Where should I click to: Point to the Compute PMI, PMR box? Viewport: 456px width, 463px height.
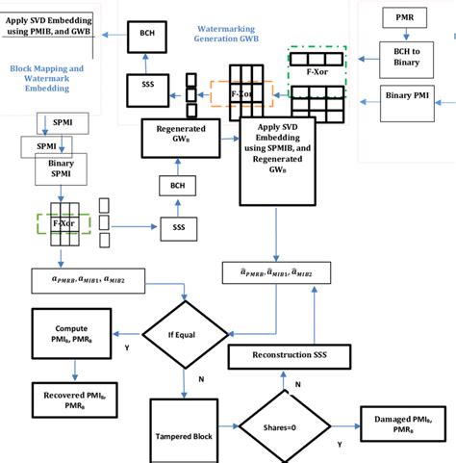pos(73,334)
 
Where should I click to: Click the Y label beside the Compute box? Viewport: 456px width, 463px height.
pos(127,349)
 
